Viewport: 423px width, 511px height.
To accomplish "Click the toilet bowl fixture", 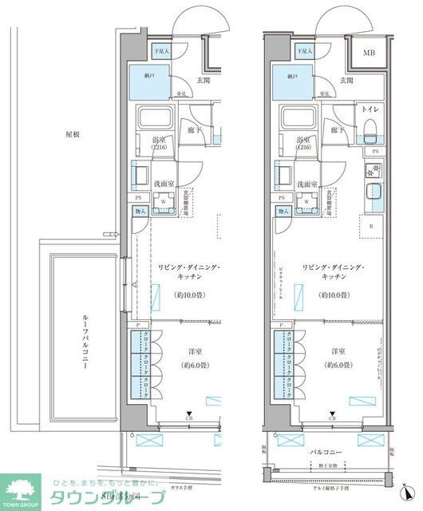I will point(370,130).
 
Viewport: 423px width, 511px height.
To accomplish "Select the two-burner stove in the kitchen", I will point(373,169).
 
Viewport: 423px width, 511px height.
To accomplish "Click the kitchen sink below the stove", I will point(373,194).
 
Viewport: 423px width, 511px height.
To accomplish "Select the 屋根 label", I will point(73,135).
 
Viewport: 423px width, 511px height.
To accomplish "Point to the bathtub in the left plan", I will point(156,121).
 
